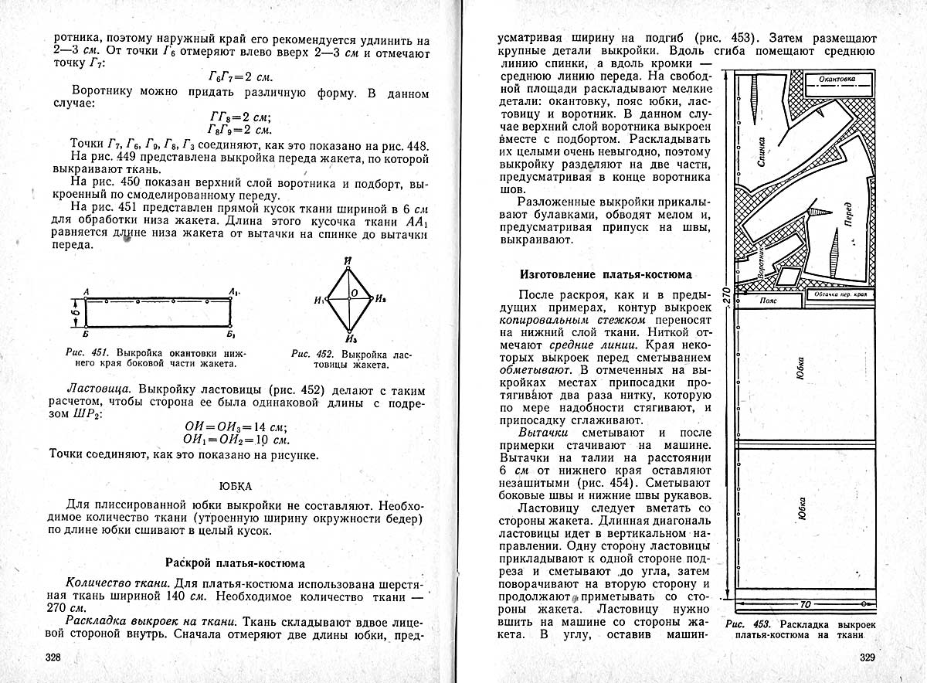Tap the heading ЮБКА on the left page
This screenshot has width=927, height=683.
tap(238, 486)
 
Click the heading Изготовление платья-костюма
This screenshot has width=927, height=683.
tap(606, 274)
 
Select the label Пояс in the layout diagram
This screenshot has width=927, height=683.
tap(768, 300)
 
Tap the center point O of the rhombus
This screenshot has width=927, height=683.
tap(352, 294)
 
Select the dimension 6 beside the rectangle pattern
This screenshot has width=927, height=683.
tap(76, 313)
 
